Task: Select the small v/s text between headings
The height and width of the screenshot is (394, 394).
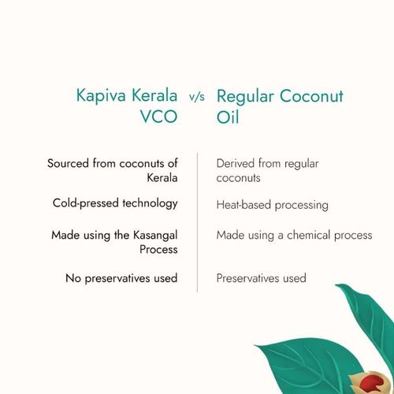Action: (x=197, y=101)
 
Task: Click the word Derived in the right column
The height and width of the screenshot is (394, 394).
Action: (x=236, y=163)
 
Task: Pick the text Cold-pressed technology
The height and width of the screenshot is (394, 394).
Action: (x=114, y=203)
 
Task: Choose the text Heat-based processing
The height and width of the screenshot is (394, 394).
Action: (x=272, y=204)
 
